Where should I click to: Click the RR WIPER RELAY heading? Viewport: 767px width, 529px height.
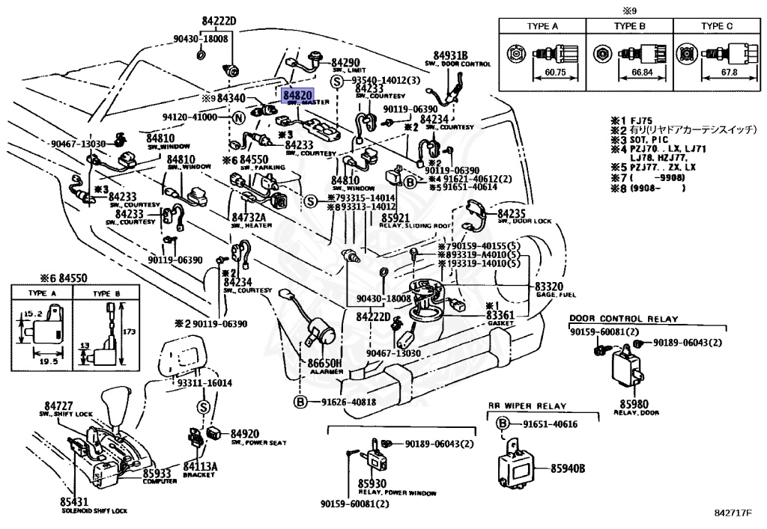coord(527,407)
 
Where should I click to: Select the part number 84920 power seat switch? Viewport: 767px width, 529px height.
coord(244,433)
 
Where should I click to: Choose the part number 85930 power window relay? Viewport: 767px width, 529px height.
coord(372,484)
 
